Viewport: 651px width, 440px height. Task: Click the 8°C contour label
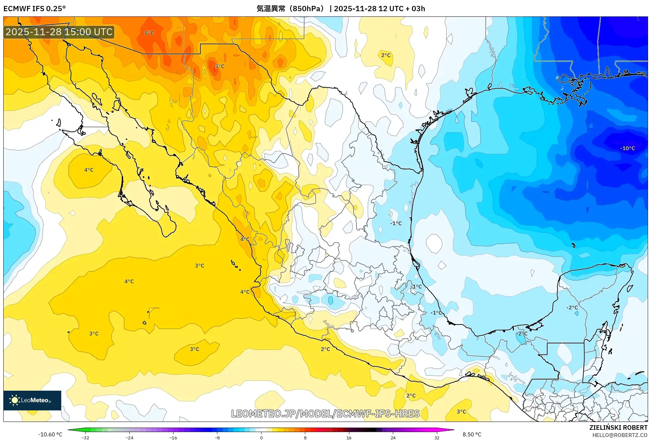coord(149,33)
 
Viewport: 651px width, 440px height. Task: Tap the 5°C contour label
coord(220,66)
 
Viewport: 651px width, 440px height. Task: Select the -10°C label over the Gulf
coord(627,148)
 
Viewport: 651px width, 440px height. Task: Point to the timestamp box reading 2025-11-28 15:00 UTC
coord(59,32)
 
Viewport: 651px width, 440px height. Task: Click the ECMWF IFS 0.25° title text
coord(35,9)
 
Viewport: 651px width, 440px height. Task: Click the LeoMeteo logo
coord(32,400)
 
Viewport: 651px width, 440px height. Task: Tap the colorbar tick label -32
coord(85,438)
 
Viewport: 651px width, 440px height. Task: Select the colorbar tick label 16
coord(349,438)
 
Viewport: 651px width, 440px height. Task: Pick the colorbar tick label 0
coord(261,438)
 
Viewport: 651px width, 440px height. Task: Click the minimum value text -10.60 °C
coord(50,434)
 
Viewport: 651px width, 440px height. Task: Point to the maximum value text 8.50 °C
coord(472,434)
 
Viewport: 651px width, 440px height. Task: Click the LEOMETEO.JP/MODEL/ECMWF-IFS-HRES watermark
coord(325,413)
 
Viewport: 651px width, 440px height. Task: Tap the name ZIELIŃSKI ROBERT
coord(618,428)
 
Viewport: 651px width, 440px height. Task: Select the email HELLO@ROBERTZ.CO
coord(620,435)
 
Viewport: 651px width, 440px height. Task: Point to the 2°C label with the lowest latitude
coord(411,396)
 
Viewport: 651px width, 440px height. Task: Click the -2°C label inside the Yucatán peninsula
coord(572,307)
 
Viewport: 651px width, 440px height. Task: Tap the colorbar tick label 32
coord(437,438)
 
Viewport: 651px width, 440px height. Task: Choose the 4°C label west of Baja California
coord(89,170)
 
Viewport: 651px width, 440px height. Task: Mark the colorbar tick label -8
coord(217,438)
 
